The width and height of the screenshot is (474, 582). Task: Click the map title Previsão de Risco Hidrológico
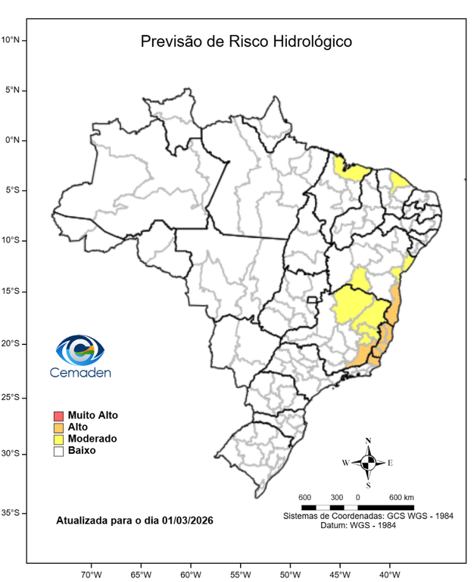pyautogui.click(x=246, y=42)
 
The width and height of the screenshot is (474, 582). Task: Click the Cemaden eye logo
pyautogui.click(x=80, y=351)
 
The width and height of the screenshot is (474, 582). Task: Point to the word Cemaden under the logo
pyautogui.click(x=80, y=372)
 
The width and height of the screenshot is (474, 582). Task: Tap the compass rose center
pyautogui.click(x=368, y=462)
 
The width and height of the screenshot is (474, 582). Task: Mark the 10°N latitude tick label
pyautogui.click(x=14, y=39)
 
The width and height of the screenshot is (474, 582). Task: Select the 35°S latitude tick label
pyautogui.click(x=14, y=513)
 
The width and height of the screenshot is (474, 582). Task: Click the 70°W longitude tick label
pyautogui.click(x=91, y=574)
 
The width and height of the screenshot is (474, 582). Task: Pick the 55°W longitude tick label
pyautogui.click(x=240, y=574)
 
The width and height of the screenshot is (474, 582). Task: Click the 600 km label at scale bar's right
pyautogui.click(x=401, y=497)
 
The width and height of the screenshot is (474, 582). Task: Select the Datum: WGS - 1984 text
pyautogui.click(x=368, y=525)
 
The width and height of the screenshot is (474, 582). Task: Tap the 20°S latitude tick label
pyautogui.click(x=14, y=343)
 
